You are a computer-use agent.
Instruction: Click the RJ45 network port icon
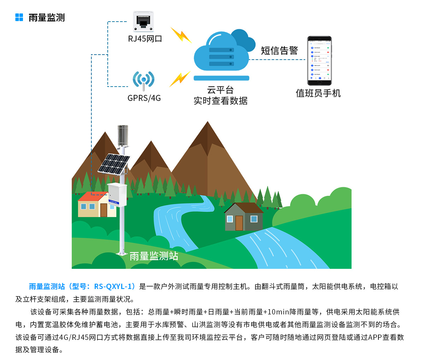click(143, 22)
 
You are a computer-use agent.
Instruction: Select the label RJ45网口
click(145, 39)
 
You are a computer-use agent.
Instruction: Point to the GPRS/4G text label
click(144, 98)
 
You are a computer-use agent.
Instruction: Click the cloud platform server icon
click(222, 55)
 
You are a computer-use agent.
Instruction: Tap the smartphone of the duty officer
click(319, 60)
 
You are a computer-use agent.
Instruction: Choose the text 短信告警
click(279, 51)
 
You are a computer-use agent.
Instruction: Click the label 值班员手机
click(318, 93)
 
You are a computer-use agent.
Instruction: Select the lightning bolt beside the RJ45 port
click(181, 35)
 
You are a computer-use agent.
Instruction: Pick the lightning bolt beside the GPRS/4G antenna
click(180, 79)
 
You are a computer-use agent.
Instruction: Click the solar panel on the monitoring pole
click(113, 164)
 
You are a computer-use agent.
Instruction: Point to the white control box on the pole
click(117, 194)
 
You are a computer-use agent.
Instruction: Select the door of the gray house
click(239, 223)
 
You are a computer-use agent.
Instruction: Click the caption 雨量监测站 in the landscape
click(154, 256)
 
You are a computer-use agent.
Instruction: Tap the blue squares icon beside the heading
click(19, 17)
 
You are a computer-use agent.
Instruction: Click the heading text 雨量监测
click(47, 18)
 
